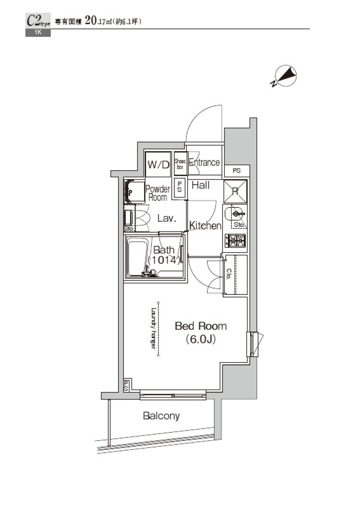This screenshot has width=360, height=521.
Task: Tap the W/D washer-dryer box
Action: pyautogui.click(x=158, y=164)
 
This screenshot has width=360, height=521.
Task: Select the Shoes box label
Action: pyautogui.click(x=180, y=164)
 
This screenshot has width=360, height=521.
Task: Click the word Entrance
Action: pyautogui.click(x=204, y=162)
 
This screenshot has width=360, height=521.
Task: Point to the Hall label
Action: pyautogui.click(x=201, y=185)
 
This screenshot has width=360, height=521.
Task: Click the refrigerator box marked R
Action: pyautogui.click(x=235, y=191)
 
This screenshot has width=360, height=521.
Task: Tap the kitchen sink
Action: pyautogui.click(x=235, y=215)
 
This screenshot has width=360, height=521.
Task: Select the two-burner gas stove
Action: pyautogui.click(x=235, y=240)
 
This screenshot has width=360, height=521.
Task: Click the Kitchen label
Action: pyautogui.click(x=205, y=225)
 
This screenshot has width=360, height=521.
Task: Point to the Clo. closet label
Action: pyautogui.click(x=228, y=274)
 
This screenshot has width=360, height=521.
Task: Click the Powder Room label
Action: pyautogui.click(x=157, y=193)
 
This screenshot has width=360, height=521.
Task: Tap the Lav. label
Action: pyautogui.click(x=166, y=218)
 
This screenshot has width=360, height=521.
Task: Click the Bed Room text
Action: pyautogui.click(x=201, y=326)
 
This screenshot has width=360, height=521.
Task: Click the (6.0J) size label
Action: pyautogui.click(x=201, y=339)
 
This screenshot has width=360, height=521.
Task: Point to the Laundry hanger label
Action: pyautogui.click(x=153, y=329)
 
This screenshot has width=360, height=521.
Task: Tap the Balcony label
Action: pyautogui.click(x=161, y=416)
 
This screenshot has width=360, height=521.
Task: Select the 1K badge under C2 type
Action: pyautogui.click(x=38, y=33)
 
